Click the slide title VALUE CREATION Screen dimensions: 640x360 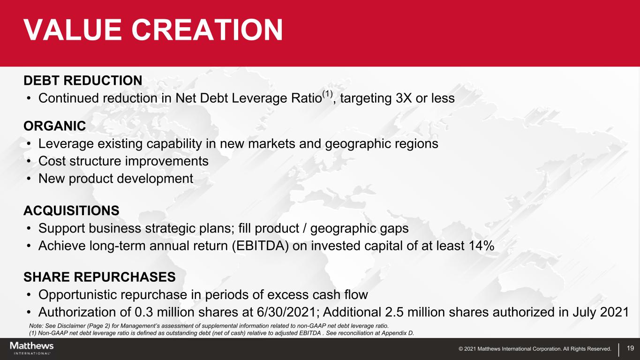click(153, 30)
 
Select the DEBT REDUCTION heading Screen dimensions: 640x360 click(83, 81)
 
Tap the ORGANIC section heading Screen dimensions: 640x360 click(55, 126)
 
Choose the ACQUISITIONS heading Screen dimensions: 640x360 click(71, 210)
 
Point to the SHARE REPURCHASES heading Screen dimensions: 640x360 click(100, 277)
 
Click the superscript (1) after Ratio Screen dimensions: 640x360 click(327, 94)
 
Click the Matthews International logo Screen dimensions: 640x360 click(32, 348)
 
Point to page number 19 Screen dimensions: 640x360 click(630, 348)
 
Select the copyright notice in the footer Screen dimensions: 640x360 click(535, 349)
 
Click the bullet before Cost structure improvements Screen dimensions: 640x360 click(29, 161)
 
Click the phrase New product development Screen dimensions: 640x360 click(116, 179)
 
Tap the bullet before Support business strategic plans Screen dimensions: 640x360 click(29, 229)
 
